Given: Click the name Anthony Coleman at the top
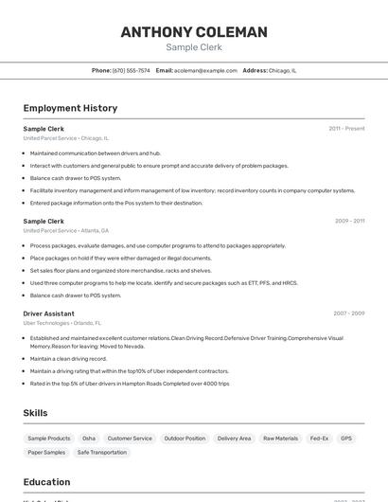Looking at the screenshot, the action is [194, 32].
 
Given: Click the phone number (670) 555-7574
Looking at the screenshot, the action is [131, 70].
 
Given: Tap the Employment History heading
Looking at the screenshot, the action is [70, 108].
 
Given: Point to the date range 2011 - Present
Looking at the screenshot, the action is [346, 128].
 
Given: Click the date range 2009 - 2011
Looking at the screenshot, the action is [349, 221].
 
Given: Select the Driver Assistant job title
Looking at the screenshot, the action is [48, 314].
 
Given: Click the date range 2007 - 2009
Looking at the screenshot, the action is [348, 314].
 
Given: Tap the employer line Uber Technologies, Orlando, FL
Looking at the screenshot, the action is [62, 323].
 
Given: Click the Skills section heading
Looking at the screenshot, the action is [35, 413].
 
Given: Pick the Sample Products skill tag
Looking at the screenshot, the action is [49, 439].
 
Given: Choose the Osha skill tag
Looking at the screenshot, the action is [89, 439].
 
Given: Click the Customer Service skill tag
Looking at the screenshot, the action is [130, 439].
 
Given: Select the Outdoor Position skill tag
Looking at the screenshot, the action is [185, 439].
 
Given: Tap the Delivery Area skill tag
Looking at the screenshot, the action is [234, 439].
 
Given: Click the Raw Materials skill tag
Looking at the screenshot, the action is [280, 439].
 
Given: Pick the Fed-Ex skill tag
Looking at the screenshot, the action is [319, 439].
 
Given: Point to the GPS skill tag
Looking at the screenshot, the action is [346, 439].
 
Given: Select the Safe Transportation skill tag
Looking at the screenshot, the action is [102, 453].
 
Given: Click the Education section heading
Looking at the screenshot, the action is [46, 482].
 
